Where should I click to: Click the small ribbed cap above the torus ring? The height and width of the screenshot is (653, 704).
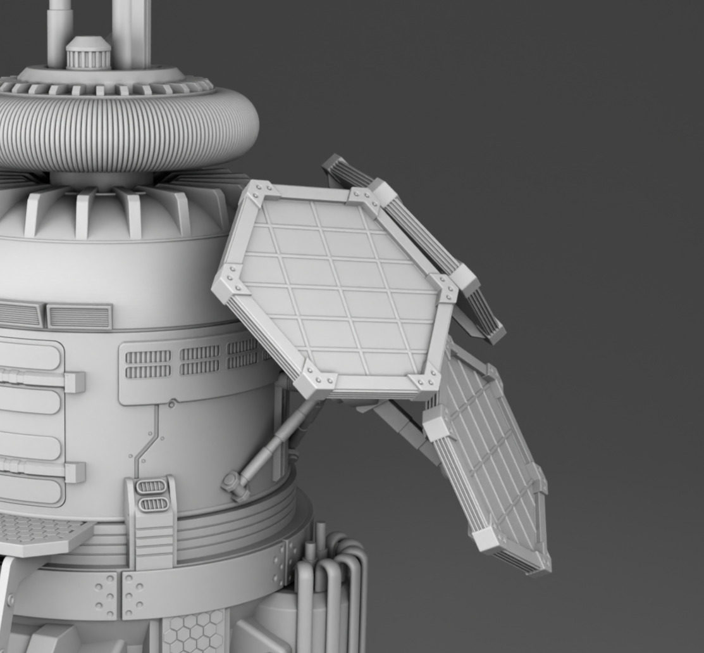(88, 53)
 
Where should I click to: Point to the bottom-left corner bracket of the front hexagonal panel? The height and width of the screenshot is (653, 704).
(314, 381)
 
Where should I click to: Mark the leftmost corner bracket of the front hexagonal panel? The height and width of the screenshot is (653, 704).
(228, 282)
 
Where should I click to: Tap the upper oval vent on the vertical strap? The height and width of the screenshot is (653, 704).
(151, 486)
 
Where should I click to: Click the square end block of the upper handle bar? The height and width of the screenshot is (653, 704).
(75, 382)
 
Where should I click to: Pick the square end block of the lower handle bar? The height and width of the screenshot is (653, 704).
(75, 472)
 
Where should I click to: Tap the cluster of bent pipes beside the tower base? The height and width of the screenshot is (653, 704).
(332, 583)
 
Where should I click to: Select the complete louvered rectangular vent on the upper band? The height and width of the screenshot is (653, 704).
(80, 317)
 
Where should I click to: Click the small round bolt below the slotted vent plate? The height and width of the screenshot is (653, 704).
(172, 403)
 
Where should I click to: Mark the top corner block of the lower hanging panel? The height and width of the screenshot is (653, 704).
(437, 423)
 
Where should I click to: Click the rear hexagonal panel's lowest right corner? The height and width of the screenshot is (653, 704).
(493, 333)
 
